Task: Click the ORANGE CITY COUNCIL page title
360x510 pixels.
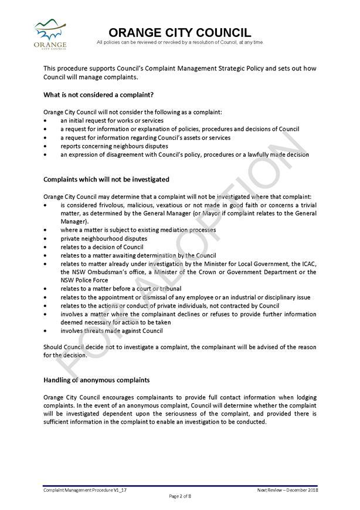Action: [x=180, y=33]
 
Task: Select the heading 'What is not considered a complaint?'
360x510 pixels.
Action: [x=99, y=94]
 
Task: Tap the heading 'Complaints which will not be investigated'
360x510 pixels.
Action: [x=106, y=179]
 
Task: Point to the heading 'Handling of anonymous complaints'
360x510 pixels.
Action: [x=96, y=380]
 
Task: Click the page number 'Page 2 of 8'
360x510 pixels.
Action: [x=180, y=496]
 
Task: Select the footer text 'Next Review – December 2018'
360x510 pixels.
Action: [x=287, y=489]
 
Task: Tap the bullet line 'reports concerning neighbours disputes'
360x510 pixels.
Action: [x=114, y=146]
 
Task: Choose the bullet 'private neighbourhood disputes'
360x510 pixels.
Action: [x=104, y=239]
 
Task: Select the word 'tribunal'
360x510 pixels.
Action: [x=169, y=289]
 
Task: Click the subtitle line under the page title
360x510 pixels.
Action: [x=180, y=42]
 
